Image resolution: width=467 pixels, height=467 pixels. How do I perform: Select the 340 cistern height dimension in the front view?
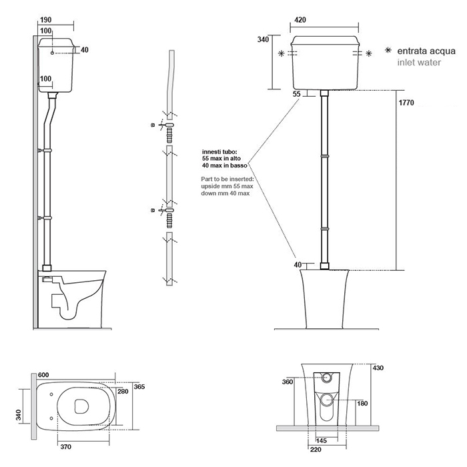tap(263, 40)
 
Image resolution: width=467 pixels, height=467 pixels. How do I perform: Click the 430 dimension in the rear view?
tap(378, 368)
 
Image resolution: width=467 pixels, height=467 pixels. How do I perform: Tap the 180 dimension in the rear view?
tap(362, 403)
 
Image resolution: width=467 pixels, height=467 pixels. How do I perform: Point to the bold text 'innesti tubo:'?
tap(219, 152)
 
